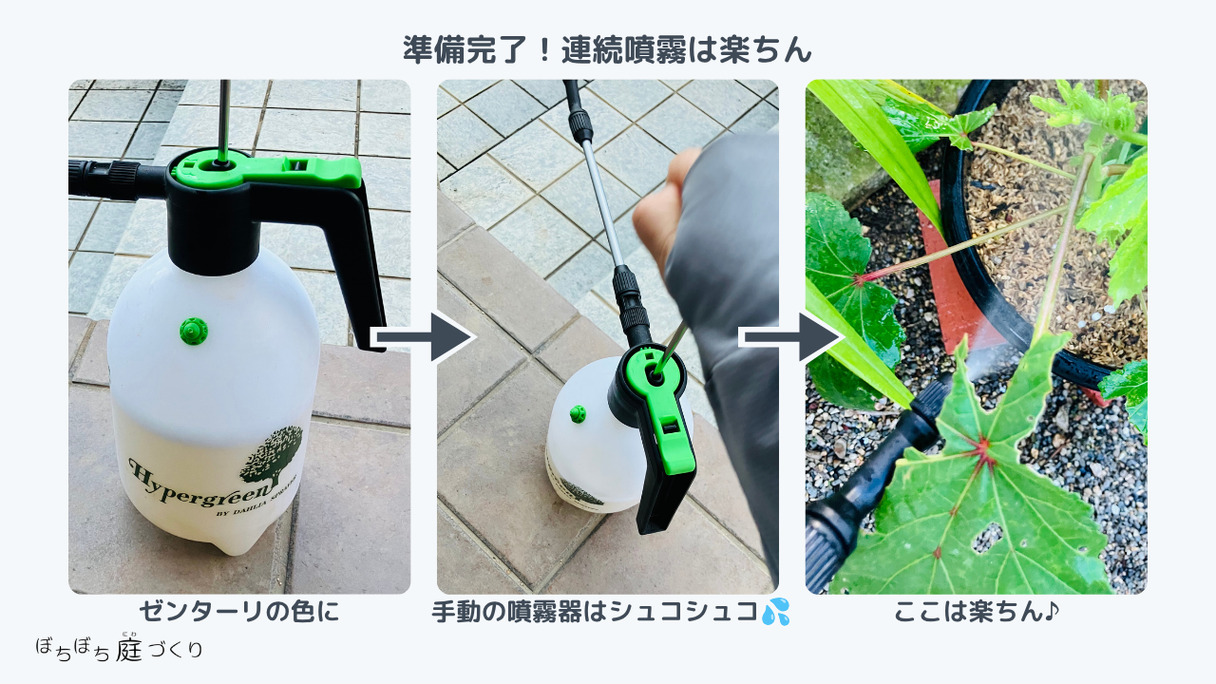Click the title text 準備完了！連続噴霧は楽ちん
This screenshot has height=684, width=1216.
(607, 50)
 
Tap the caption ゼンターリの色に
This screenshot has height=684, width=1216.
(238, 612)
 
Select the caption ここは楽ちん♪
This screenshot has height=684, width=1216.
(976, 612)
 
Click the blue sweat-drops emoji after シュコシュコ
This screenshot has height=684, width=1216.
(775, 612)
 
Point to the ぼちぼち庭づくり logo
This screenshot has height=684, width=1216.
(120, 647)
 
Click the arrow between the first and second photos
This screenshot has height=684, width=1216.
(425, 337)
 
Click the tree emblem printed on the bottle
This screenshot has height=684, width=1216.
(272, 455)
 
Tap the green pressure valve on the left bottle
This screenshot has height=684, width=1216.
(194, 331)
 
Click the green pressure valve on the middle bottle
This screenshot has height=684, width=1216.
(578, 413)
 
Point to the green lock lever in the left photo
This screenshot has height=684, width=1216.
(267, 170)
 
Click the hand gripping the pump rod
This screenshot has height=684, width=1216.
(661, 212)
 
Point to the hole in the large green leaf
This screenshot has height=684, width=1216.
(986, 538)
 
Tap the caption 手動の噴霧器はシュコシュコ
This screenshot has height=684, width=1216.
(595, 612)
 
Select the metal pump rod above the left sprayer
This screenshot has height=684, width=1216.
(223, 121)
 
